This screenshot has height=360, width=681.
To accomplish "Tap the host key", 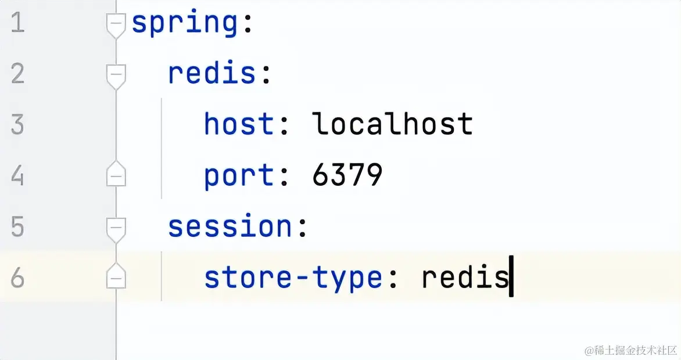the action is coord(239,125).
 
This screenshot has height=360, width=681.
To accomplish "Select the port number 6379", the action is coord(347,175).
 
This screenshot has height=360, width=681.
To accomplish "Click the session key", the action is coord(230,226).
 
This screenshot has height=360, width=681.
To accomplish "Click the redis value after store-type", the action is coord(464,278).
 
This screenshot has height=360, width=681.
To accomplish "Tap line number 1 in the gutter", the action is coord(17,24).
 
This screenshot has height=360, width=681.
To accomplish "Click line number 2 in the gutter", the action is coord(17,74).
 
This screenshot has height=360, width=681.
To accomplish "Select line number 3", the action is coord(17,125).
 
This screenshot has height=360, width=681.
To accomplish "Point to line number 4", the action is coord(17,176).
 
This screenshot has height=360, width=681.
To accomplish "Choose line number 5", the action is coord(17,227).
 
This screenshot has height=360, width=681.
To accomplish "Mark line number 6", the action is coord(17,278).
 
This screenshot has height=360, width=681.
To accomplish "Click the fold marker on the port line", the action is coord(116,175).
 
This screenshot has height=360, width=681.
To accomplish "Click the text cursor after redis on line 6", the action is coord(511,277).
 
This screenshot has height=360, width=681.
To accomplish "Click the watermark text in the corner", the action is coord(631,350).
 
